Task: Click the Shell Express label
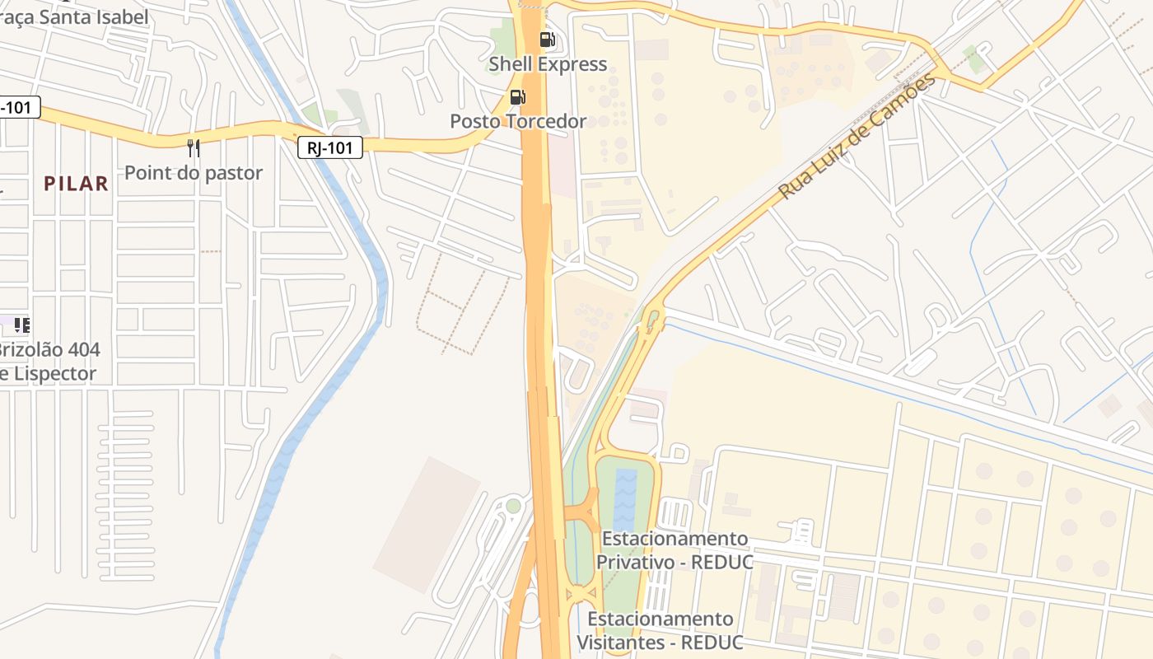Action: click(x=548, y=64)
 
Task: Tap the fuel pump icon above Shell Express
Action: click(x=547, y=39)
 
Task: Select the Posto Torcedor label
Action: click(x=518, y=121)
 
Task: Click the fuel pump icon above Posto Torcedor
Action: click(x=518, y=97)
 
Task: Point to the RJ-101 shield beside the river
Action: click(x=330, y=147)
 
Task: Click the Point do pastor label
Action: click(x=194, y=172)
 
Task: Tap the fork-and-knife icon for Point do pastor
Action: click(x=194, y=148)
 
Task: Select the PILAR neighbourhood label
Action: click(x=76, y=184)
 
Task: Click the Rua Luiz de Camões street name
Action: click(x=857, y=137)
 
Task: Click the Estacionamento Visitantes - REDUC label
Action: click(x=660, y=630)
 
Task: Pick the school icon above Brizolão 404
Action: click(x=22, y=325)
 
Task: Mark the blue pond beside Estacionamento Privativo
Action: click(x=625, y=491)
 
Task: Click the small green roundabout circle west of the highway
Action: click(x=513, y=506)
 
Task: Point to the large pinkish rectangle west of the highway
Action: click(x=427, y=525)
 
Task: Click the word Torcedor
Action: click(x=547, y=121)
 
